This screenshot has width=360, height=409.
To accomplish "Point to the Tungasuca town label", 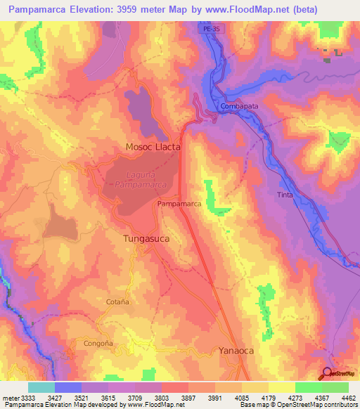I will click(146, 239).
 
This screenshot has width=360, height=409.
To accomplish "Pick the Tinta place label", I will click(285, 195).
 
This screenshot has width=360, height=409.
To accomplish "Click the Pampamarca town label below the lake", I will click(179, 204).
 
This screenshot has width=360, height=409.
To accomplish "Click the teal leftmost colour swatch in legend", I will click(41, 387).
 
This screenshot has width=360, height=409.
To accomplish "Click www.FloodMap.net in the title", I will click(255, 10).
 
